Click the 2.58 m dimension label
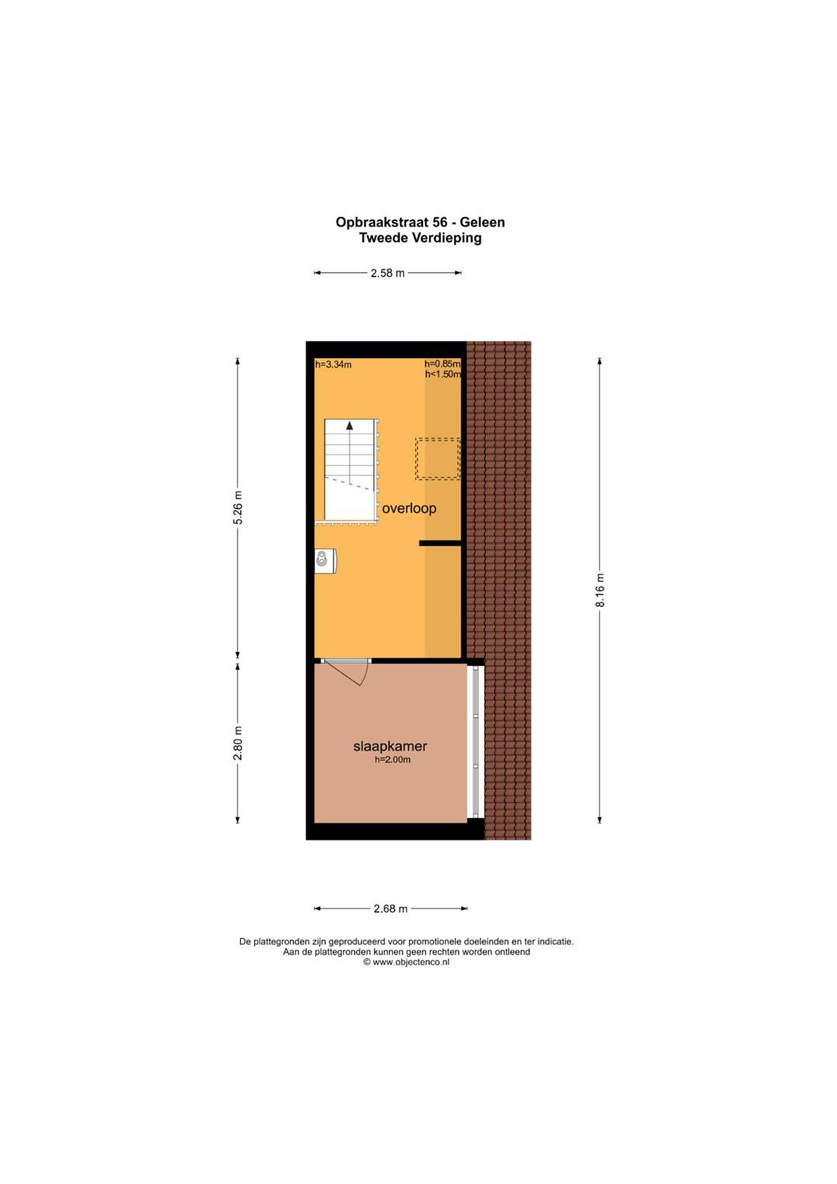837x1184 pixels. [x=387, y=273]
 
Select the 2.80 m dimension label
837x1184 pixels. [x=238, y=743]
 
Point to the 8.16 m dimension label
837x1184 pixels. [x=600, y=590]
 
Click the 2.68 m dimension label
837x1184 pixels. [x=391, y=909]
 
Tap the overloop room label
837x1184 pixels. [x=409, y=509]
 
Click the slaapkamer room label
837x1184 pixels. [x=391, y=746]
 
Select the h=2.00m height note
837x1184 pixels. [x=393, y=760]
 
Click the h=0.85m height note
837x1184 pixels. [x=442, y=364]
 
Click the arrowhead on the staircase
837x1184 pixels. [x=350, y=425]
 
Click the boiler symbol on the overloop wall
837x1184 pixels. [x=326, y=560]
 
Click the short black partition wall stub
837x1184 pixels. [x=440, y=543]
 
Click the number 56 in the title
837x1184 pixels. [x=440, y=222]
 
